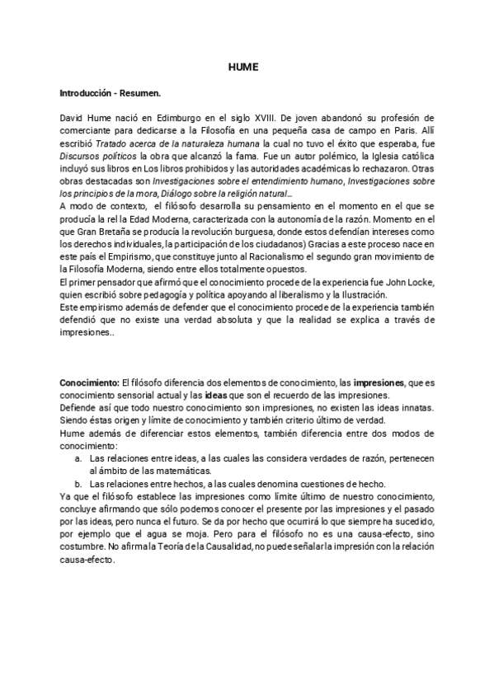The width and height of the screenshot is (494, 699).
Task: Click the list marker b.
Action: (77, 483)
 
